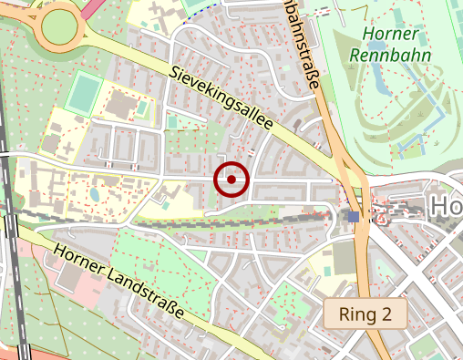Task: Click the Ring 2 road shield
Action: tap(365, 315)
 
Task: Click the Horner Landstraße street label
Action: tap(118, 281)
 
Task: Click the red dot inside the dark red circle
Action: tap(231, 180)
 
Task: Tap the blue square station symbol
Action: tap(353, 216)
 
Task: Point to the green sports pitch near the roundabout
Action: tap(84, 94)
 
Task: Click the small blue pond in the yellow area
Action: tap(94, 194)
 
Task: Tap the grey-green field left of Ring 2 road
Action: tap(344, 257)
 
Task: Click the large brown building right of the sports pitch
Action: tap(119, 104)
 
